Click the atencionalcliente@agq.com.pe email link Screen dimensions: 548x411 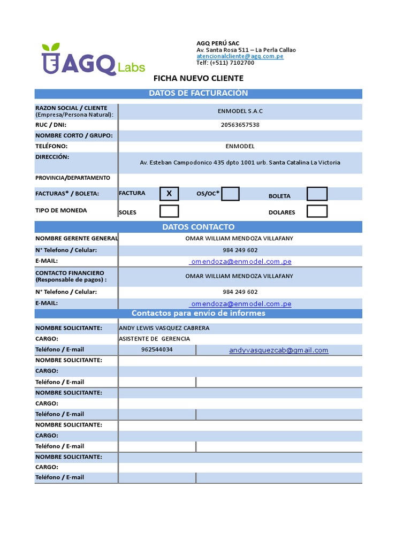[x=240, y=56]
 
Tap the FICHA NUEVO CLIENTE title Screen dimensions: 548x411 [x=198, y=78]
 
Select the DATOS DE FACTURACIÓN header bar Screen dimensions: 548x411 [x=198, y=94]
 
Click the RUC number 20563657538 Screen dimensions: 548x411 [x=240, y=125]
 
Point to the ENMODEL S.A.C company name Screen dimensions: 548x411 [x=240, y=111]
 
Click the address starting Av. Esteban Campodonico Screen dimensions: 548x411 [x=240, y=162]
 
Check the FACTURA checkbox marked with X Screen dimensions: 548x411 [x=169, y=194]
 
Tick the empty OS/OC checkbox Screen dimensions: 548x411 [x=230, y=194]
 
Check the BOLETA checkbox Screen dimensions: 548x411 [x=317, y=194]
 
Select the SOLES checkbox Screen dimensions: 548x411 [x=169, y=211]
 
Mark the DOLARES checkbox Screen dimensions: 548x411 [x=317, y=211]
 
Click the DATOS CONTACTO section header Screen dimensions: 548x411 [x=198, y=227]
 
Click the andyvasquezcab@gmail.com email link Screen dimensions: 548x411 [x=278, y=351]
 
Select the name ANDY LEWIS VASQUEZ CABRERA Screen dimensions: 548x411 [x=164, y=328]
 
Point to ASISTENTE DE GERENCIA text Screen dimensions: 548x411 [x=154, y=339]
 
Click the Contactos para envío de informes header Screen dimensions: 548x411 [x=198, y=313]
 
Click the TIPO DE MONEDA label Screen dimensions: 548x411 [x=61, y=210]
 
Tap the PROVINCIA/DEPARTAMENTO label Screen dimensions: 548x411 [x=73, y=178]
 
